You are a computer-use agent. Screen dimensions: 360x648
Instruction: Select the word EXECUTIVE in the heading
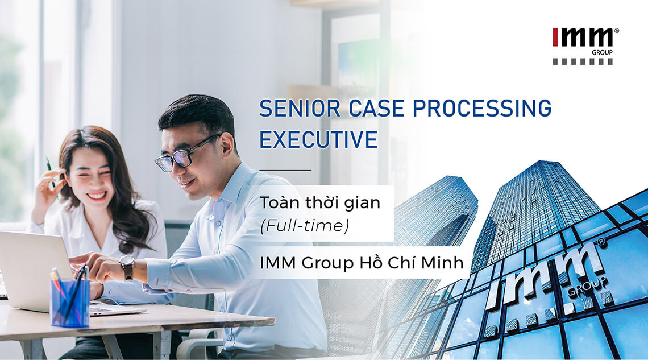point(318,139)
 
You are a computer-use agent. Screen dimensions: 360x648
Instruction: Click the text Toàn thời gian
point(319,203)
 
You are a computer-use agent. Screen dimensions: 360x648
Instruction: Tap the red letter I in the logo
point(555,38)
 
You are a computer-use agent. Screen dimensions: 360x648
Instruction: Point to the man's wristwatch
point(127,267)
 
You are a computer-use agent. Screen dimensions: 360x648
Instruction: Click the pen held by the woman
point(50,171)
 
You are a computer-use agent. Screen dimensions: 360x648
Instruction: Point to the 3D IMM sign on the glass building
point(546,279)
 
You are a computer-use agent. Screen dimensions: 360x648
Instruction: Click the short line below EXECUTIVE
point(285,170)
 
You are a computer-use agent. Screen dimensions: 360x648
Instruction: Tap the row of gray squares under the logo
point(583,61)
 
